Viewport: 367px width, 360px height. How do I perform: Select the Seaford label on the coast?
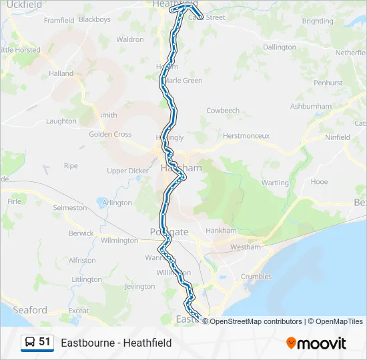[x=31, y=310]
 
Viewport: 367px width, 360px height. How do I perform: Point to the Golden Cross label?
[x=110, y=134]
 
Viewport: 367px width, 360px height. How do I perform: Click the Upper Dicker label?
[x=128, y=171]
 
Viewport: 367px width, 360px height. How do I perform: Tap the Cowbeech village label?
[x=223, y=111]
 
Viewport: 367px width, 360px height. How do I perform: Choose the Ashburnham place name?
[x=311, y=106]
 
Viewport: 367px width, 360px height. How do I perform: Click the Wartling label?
[x=276, y=183]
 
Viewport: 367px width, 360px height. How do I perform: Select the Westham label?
[x=244, y=247]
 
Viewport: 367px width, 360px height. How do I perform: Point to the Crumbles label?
[x=256, y=277]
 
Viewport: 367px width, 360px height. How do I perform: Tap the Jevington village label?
[x=139, y=287]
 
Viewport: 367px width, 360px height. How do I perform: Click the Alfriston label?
[x=82, y=261]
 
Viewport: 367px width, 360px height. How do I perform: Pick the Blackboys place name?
[x=94, y=20]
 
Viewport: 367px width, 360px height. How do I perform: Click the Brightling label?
[x=318, y=21]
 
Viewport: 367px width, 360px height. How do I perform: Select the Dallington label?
[x=280, y=47]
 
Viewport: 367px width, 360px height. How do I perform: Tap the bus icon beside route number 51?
[x=30, y=343]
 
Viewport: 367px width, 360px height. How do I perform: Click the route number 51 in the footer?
[x=45, y=342]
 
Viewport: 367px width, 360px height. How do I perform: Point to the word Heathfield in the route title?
[x=146, y=343]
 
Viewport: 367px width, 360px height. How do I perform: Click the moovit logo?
[x=316, y=343]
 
